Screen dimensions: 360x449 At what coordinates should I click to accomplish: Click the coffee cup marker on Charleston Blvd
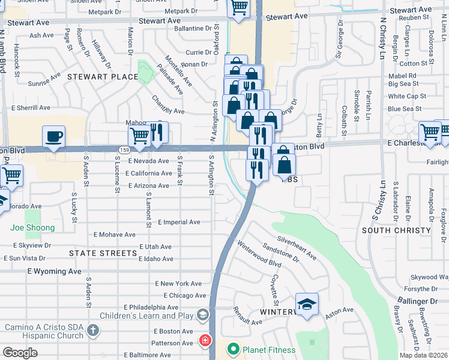coord(53,136)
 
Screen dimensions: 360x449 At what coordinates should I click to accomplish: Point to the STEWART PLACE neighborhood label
coord(103,77)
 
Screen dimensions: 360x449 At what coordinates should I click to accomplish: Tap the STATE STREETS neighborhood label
coord(103,253)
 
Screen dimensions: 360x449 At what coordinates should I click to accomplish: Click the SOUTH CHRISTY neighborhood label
coord(396,230)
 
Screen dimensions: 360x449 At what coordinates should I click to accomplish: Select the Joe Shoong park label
coord(32,227)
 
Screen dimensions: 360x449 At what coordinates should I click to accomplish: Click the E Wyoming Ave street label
coord(54,271)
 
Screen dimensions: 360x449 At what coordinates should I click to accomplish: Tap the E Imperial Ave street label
coord(179,222)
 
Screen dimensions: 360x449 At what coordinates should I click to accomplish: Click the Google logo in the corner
coord(20,353)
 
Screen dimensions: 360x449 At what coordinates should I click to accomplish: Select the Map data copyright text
coord(423,355)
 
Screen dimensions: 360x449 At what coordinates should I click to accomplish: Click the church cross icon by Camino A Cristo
coord(92,329)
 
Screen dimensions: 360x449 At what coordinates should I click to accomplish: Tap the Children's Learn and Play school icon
coord(203,315)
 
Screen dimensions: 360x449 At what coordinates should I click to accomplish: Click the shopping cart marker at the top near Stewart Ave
coord(238,8)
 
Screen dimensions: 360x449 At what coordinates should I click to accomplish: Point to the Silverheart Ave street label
coord(297,247)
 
